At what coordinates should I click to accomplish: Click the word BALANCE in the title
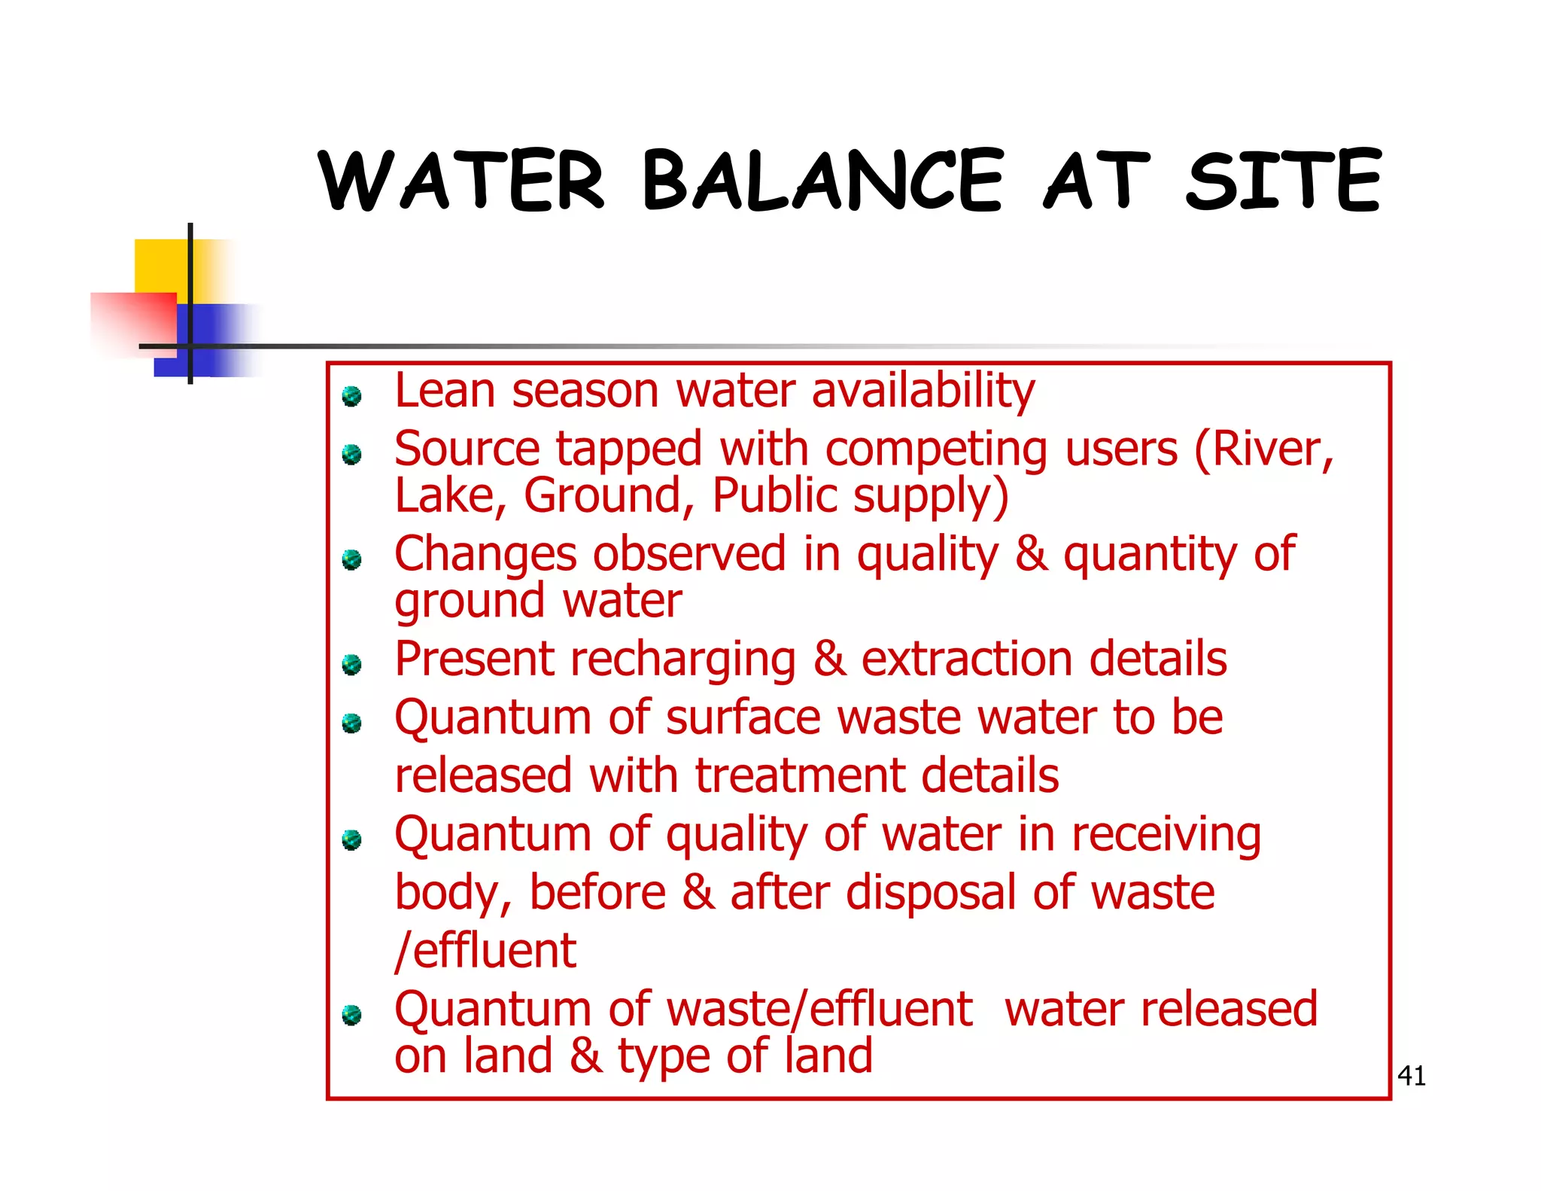(x=822, y=181)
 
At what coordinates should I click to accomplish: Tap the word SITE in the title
(x=1283, y=181)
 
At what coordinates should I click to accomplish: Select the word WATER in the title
(x=461, y=181)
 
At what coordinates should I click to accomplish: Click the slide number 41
(x=1411, y=1077)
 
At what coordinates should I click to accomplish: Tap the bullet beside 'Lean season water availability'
(x=351, y=396)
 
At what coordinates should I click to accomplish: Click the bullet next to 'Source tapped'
(x=351, y=455)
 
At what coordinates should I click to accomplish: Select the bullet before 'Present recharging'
(x=351, y=665)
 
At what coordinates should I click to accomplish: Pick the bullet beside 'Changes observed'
(x=351, y=560)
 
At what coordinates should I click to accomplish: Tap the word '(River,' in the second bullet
(x=1263, y=450)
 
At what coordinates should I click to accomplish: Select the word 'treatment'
(x=798, y=776)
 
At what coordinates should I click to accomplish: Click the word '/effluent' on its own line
(x=485, y=951)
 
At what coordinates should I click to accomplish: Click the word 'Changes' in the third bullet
(x=485, y=555)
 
